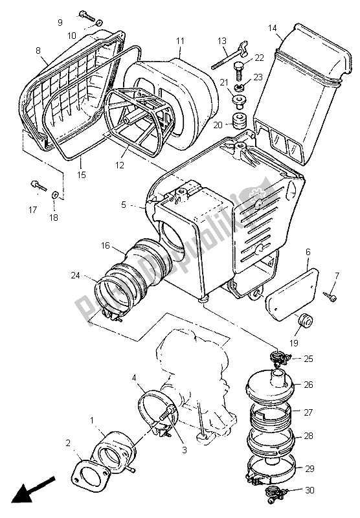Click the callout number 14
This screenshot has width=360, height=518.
[x=272, y=28]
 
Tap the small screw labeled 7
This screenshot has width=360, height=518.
[x=332, y=296]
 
